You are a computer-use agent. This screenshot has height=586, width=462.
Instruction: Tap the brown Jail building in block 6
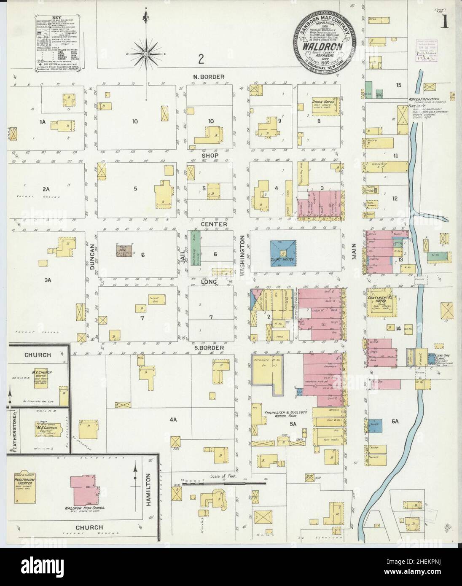[125, 251]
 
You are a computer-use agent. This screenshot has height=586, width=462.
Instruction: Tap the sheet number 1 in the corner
[445, 24]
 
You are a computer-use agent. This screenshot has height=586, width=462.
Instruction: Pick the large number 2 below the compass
[201, 59]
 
